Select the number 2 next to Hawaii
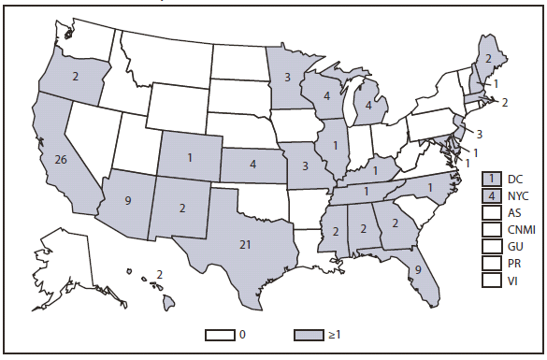click(x=160, y=274)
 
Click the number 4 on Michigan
click(x=369, y=107)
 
